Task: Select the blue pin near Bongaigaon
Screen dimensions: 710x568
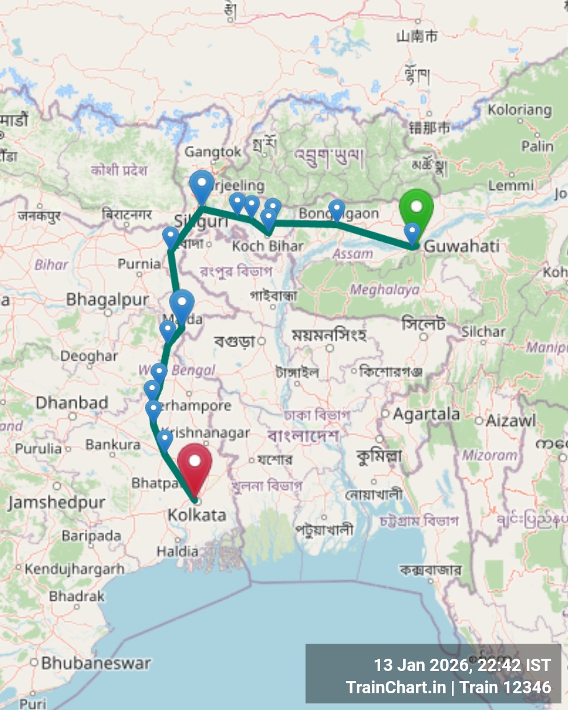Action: click(337, 211)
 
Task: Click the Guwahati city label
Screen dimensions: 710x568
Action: click(462, 246)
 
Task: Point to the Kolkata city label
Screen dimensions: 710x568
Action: click(197, 515)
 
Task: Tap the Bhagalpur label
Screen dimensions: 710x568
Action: click(108, 300)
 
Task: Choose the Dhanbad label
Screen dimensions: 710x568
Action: click(72, 402)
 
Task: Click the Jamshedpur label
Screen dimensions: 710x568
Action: click(56, 503)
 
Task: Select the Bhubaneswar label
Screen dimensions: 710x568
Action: click(96, 663)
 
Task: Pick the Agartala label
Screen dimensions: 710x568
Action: click(426, 414)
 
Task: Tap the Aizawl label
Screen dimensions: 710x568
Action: click(511, 420)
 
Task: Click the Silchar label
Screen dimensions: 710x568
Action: click(483, 332)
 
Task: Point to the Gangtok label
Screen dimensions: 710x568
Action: click(213, 152)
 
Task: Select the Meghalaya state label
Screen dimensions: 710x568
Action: click(385, 290)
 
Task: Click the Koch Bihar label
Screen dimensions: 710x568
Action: click(268, 246)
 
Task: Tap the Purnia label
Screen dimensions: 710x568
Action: click(139, 264)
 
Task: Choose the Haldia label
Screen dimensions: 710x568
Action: click(177, 552)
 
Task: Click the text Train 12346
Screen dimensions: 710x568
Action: click(506, 688)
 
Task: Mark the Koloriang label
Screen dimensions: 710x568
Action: click(520, 110)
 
